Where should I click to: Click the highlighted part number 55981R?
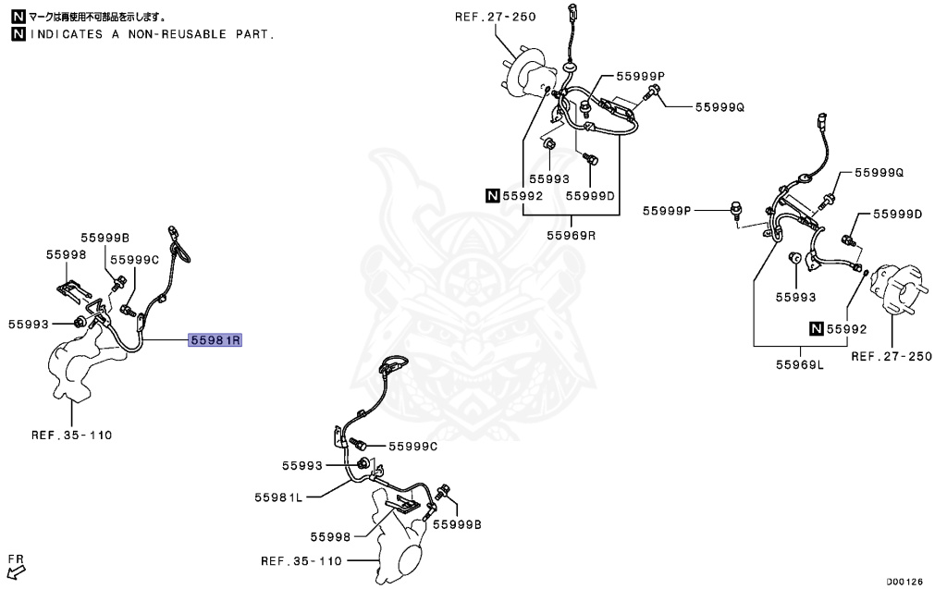point(215,340)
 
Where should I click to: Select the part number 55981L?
point(278,497)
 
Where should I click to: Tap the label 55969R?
point(571,235)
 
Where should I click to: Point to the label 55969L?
point(799,365)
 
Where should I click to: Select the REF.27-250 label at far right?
point(892,356)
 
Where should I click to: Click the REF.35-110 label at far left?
point(71,434)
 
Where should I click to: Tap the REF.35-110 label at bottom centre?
point(301,560)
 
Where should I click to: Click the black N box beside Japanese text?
point(18,17)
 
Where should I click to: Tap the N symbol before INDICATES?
point(18,34)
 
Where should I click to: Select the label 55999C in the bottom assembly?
point(412,446)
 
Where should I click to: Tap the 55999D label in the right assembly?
point(898,214)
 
